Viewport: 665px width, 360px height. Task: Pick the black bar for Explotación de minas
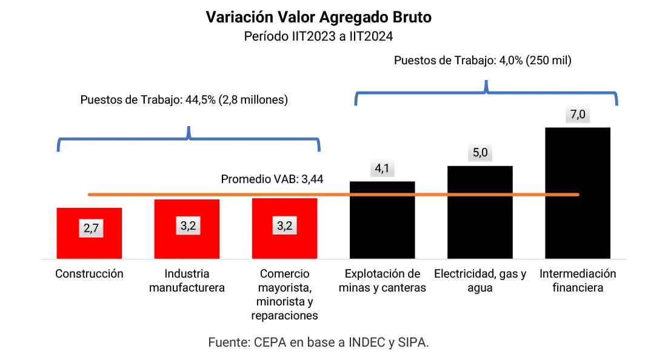pos(382,224)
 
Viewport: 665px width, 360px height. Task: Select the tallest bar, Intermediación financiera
pos(577,194)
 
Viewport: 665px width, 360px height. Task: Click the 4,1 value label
pos(382,169)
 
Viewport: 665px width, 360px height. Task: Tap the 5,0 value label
pos(480,153)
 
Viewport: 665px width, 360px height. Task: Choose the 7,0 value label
pos(578,115)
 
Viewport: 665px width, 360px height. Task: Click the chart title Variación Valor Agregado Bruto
pos(319,17)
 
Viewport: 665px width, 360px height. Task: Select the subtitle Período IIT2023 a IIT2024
pos(319,36)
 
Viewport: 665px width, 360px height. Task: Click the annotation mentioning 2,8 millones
pos(184,100)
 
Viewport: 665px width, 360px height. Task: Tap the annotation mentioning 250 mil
pos(483,61)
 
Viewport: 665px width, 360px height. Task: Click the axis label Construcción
pos(89,274)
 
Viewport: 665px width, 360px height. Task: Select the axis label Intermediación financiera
pos(578,281)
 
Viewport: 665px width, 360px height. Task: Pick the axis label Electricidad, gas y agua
pos(480,281)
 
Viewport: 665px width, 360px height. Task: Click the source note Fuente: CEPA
pos(318,342)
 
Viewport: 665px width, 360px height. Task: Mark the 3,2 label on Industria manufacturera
pos(188,226)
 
